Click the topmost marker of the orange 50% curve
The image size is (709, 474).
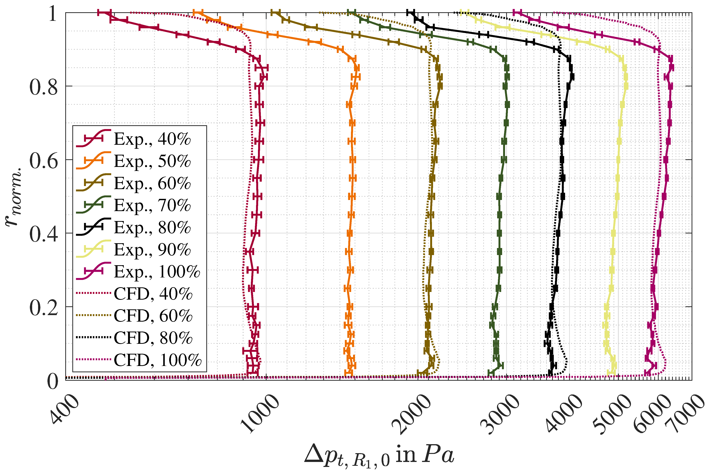pyautogui.click(x=198, y=12)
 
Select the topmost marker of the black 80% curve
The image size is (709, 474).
pyautogui.click(x=411, y=12)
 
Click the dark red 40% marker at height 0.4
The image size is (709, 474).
pyautogui.click(x=256, y=233)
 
